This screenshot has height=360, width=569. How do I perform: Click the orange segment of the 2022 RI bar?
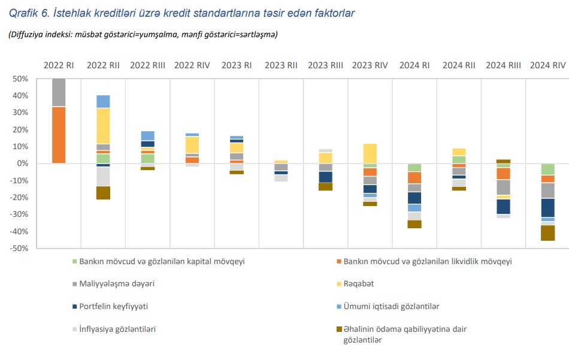(59, 135)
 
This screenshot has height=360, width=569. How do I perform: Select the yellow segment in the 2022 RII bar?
(103, 126)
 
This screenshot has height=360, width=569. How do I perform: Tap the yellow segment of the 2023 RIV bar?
(370, 153)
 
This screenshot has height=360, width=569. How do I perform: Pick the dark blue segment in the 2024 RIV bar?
(547, 208)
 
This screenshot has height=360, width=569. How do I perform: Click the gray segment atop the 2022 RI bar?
(59, 92)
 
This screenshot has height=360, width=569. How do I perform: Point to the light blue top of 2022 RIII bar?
(147, 135)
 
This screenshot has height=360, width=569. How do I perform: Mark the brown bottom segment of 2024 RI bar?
(414, 224)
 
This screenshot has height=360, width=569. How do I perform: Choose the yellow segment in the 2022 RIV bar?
(192, 145)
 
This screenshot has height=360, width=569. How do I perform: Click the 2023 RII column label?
(281, 65)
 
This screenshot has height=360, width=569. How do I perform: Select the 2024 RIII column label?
(503, 65)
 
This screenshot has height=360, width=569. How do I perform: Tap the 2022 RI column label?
(59, 65)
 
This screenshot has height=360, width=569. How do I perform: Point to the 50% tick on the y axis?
(20, 79)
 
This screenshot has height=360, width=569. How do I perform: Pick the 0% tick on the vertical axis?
(23, 164)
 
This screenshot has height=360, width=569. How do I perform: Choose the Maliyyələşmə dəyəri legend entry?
(113, 284)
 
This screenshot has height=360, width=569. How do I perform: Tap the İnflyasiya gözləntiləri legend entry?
(117, 329)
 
